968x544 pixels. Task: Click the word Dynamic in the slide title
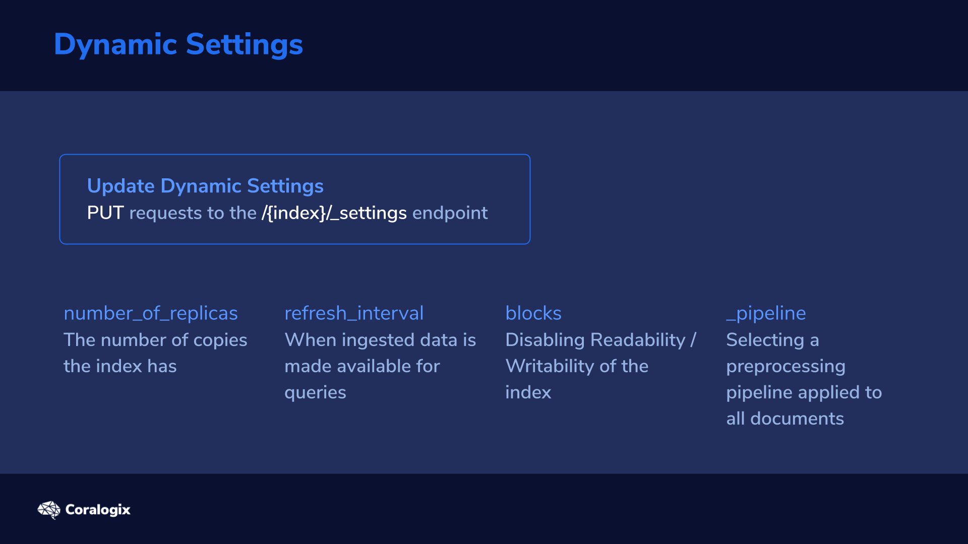click(115, 45)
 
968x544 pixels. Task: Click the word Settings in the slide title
click(245, 45)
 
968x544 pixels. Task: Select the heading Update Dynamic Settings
click(205, 186)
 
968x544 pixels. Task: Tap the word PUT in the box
click(105, 213)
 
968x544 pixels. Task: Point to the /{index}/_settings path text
click(334, 213)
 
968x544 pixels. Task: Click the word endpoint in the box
click(450, 213)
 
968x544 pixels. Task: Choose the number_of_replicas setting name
click(151, 313)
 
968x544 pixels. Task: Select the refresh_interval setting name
click(354, 313)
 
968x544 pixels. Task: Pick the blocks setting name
click(533, 313)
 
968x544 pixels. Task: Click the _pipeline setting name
click(766, 314)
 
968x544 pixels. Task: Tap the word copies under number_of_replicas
click(220, 341)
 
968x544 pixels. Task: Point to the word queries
click(315, 393)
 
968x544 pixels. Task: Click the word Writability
click(550, 366)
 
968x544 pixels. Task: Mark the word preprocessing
click(785, 367)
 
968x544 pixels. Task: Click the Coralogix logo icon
click(49, 510)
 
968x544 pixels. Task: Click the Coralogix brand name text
click(98, 510)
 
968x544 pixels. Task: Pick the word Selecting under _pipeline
click(765, 341)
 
